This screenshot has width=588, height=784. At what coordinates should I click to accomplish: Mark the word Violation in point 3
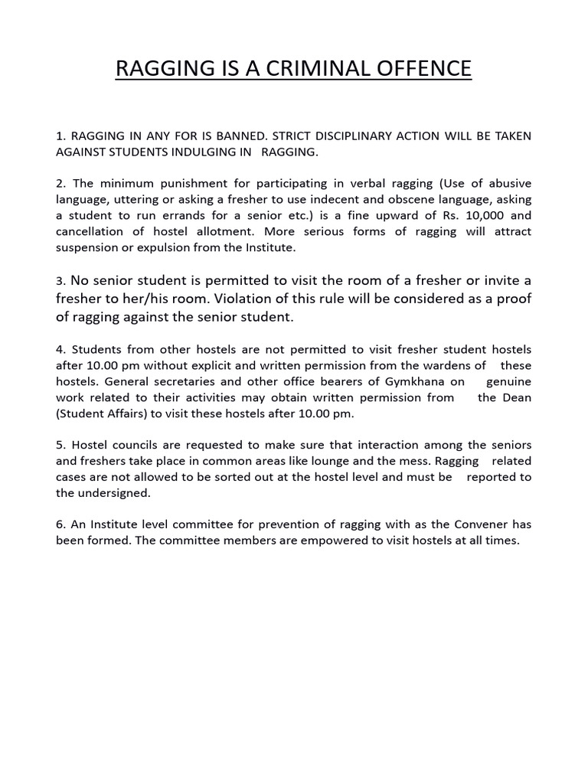(x=227, y=298)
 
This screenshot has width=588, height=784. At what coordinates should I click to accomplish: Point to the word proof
(x=513, y=298)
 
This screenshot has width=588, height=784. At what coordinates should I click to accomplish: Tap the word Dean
(x=516, y=397)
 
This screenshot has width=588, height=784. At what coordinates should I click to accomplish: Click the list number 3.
(x=60, y=280)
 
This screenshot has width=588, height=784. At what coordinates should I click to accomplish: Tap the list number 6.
(x=60, y=524)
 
